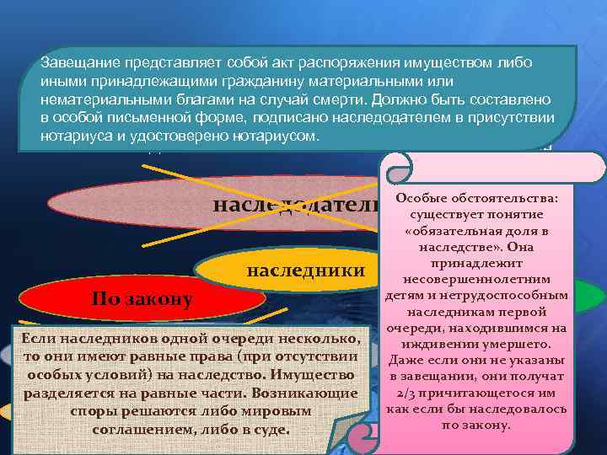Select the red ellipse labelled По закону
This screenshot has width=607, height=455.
click(x=142, y=298)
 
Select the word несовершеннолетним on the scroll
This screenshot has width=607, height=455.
click(x=477, y=279)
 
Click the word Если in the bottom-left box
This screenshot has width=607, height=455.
click(x=36, y=338)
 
